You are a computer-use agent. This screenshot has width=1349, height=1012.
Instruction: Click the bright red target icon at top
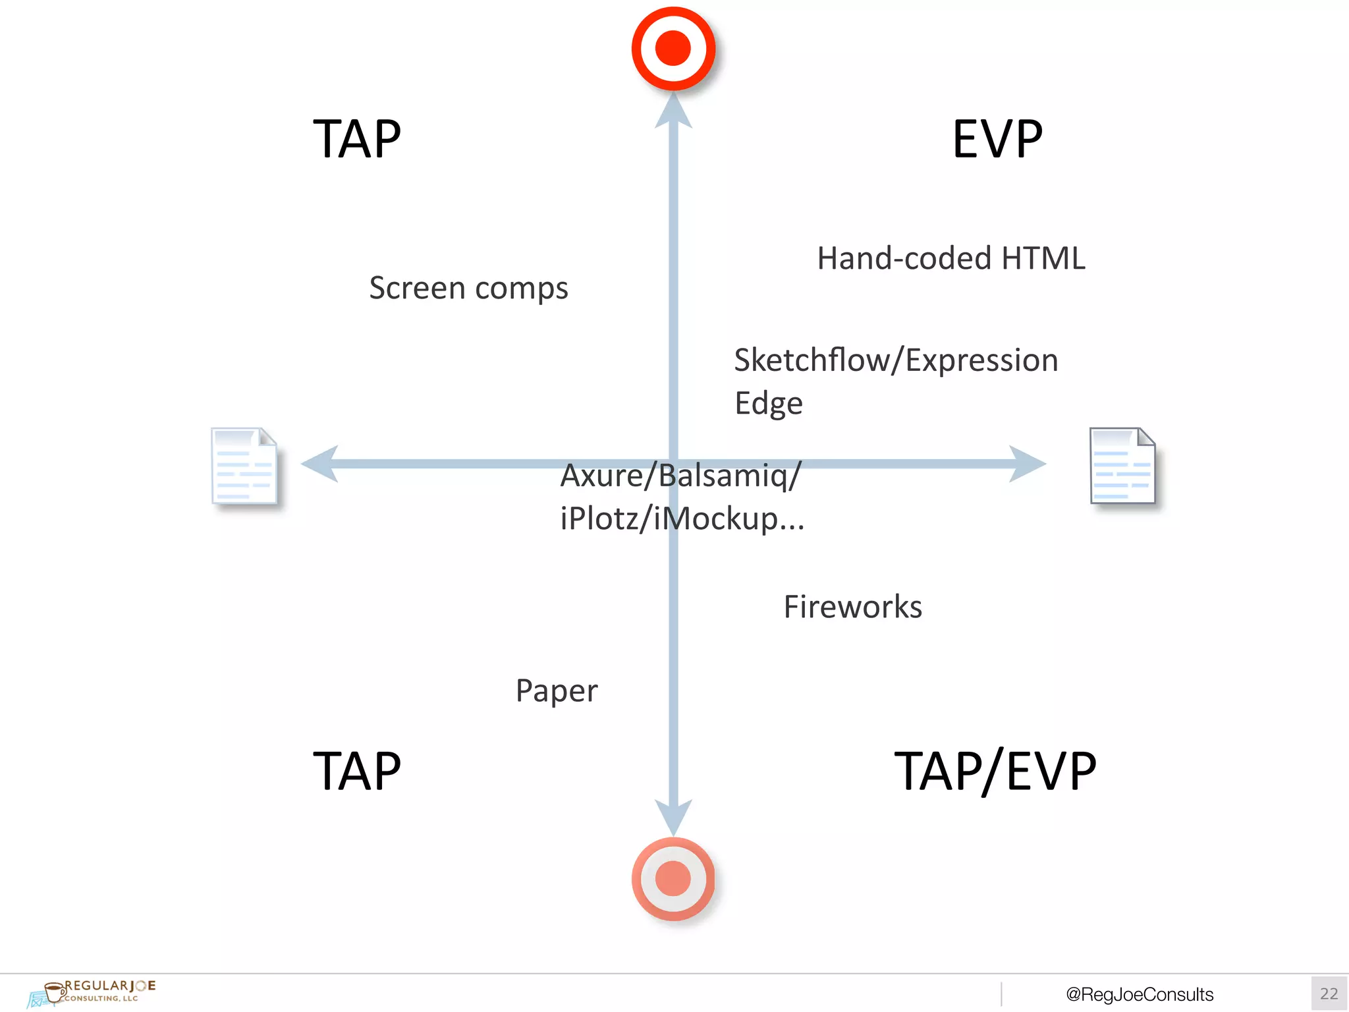(673, 49)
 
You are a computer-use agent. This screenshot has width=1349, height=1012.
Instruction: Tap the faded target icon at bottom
(673, 879)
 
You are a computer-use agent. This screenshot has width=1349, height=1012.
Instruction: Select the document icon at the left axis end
(244, 466)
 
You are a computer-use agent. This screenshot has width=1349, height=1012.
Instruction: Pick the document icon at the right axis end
(1122, 466)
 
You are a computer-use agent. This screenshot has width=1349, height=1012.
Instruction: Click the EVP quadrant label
(997, 139)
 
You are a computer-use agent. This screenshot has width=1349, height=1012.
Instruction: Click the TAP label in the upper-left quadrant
(356, 139)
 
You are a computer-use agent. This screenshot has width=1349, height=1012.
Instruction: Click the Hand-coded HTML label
(950, 258)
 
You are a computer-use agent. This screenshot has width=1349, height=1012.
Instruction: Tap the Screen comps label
(468, 288)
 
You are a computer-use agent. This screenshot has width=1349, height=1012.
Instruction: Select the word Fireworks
(852, 607)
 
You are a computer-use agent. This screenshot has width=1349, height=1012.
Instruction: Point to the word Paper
(557, 691)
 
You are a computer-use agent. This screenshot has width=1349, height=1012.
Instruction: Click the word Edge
(768, 403)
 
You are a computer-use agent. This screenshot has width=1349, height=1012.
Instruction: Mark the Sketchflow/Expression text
(896, 360)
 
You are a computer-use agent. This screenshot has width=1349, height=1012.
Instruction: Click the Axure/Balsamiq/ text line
(680, 476)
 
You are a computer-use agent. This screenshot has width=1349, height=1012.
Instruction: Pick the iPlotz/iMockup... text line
(682, 519)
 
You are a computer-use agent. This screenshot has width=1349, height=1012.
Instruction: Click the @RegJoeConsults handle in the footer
(1140, 994)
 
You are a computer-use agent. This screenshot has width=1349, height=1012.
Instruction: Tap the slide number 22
(1329, 994)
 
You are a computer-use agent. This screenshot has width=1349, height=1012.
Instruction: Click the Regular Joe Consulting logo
(92, 992)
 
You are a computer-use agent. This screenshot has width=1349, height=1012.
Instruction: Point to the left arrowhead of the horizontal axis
(320, 464)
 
